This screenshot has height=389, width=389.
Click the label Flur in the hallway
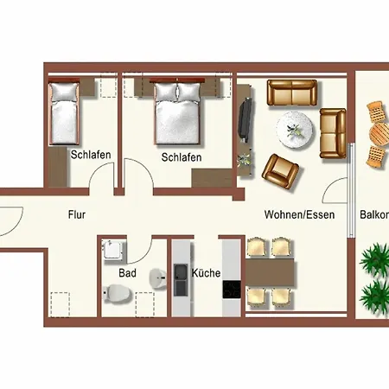pyautogui.click(x=77, y=215)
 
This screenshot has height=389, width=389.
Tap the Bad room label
pyautogui.click(x=127, y=273)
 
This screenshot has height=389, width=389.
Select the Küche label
pyautogui.click(x=206, y=273)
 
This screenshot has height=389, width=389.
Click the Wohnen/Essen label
pyautogui.click(x=299, y=215)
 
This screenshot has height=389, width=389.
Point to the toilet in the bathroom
pyautogui.click(x=118, y=293)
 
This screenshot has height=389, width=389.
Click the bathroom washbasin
pyautogui.click(x=158, y=278)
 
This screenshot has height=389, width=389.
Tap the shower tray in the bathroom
pyautogui.click(x=113, y=250)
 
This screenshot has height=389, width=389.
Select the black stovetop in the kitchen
pyautogui.click(x=232, y=290)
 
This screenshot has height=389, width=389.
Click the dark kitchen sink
pyautogui.click(x=181, y=280)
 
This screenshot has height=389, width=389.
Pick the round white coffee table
pyautogui.click(x=295, y=130)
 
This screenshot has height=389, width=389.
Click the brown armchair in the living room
pyautogui.click(x=280, y=171)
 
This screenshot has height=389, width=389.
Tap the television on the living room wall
pyautogui.click(x=246, y=119)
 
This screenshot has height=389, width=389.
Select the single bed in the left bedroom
pyautogui.click(x=64, y=112)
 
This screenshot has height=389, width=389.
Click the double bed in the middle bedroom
pyautogui.click(x=177, y=112)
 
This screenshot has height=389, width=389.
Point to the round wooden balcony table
pyautogui.click(x=379, y=134)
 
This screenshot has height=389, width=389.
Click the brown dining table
pyautogui.click(x=271, y=272)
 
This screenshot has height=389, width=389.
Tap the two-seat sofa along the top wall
pyautogui.click(x=292, y=92)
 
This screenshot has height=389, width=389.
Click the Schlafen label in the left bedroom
pyautogui.click(x=91, y=155)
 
